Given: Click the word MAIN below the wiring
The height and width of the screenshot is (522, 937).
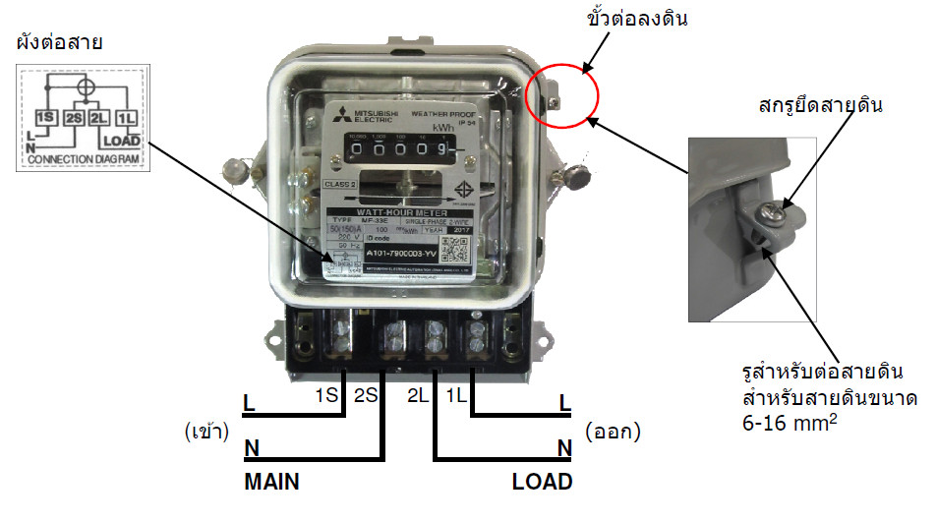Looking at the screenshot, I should click(271, 483).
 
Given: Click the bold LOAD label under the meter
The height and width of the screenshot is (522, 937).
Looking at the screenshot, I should click(542, 483).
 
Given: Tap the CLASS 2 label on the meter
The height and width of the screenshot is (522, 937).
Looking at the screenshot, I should click(343, 185).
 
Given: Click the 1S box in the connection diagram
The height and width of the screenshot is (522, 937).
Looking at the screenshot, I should click(45, 117).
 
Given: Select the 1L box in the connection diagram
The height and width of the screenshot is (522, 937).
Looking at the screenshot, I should click(125, 117).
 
